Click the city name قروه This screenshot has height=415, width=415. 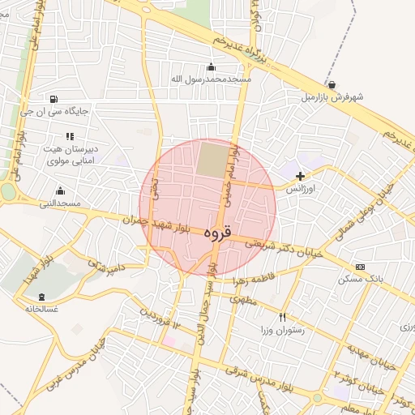217,233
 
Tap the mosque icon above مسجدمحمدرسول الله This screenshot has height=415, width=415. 212,66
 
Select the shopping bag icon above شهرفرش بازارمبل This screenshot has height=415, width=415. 332,84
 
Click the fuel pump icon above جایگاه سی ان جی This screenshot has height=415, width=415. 53,99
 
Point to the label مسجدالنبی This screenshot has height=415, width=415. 60,203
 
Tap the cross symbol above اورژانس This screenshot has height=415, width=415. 301,175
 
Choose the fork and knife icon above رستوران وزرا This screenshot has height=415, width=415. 282,317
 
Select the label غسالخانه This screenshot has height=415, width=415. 41,309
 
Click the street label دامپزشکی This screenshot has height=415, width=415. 105,264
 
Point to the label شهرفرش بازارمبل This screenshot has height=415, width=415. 332,96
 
